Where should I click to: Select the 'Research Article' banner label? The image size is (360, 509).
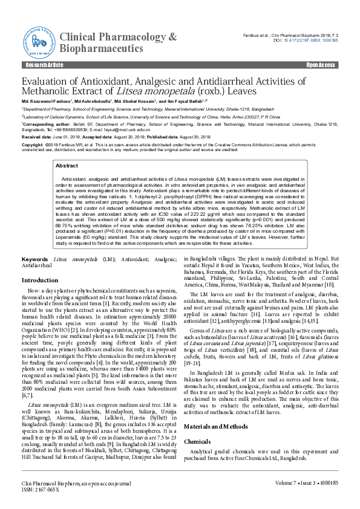(x=44, y=65)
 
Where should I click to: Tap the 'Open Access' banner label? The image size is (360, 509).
(x=320, y=65)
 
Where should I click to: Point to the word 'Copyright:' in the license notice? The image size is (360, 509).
(x=33, y=146)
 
